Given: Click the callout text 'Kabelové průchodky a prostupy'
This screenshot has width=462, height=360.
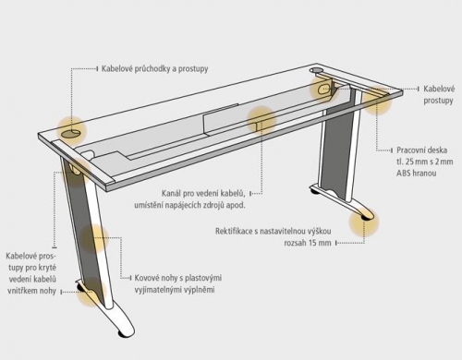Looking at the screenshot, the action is point(154,68).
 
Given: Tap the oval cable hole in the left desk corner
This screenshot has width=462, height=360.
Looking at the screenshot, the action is point(70,134).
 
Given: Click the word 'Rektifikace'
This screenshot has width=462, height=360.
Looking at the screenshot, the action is point(234,231).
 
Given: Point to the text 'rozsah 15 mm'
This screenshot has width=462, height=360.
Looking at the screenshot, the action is point(308,243).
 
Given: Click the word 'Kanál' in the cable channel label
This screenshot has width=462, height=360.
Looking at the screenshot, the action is point(171,194).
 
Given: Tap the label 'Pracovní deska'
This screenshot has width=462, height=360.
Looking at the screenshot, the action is point(421,150).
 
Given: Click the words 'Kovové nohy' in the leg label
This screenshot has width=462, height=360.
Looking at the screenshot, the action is point(153,278).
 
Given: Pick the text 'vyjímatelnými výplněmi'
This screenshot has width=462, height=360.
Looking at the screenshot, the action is point(175,290).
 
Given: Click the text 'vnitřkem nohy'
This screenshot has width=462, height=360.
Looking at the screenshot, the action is point(31,291).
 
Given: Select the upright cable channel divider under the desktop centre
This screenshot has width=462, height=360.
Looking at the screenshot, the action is point(221,120).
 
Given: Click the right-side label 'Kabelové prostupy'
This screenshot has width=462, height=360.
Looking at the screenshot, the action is point(439,95).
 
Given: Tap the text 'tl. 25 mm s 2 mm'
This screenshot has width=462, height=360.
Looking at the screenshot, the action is point(425,162).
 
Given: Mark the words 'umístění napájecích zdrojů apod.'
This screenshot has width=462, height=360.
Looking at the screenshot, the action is point(189,205).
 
